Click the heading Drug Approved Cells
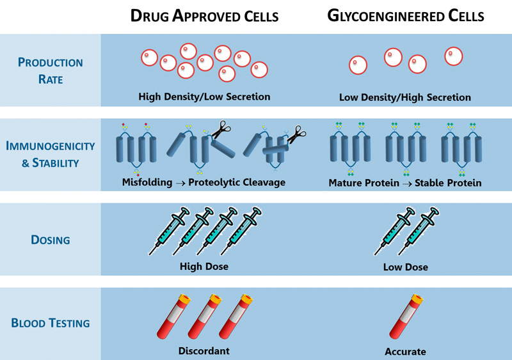(204, 15)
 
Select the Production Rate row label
(50, 70)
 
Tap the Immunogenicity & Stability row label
(50, 154)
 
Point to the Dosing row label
(50, 240)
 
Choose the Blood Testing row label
(50, 323)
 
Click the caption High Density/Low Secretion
(204, 97)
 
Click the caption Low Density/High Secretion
(404, 98)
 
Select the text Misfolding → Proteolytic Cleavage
(204, 182)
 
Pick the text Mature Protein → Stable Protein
(404, 183)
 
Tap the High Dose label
(204, 266)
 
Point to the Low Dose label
(405, 267)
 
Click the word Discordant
(204, 350)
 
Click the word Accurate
(405, 351)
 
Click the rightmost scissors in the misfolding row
(295, 134)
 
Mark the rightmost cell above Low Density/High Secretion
(454, 56)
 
